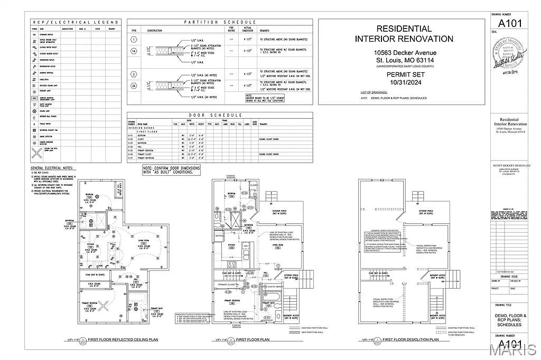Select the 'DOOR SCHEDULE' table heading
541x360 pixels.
click(219, 115)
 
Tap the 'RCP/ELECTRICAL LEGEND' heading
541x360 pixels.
click(76, 22)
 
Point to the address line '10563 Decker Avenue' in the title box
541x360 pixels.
click(405, 53)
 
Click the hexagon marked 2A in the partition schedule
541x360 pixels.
click(134, 86)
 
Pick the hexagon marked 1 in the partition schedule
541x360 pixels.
click(134, 40)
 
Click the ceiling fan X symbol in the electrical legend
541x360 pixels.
click(36, 154)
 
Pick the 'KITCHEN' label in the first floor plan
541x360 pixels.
click(230, 245)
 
